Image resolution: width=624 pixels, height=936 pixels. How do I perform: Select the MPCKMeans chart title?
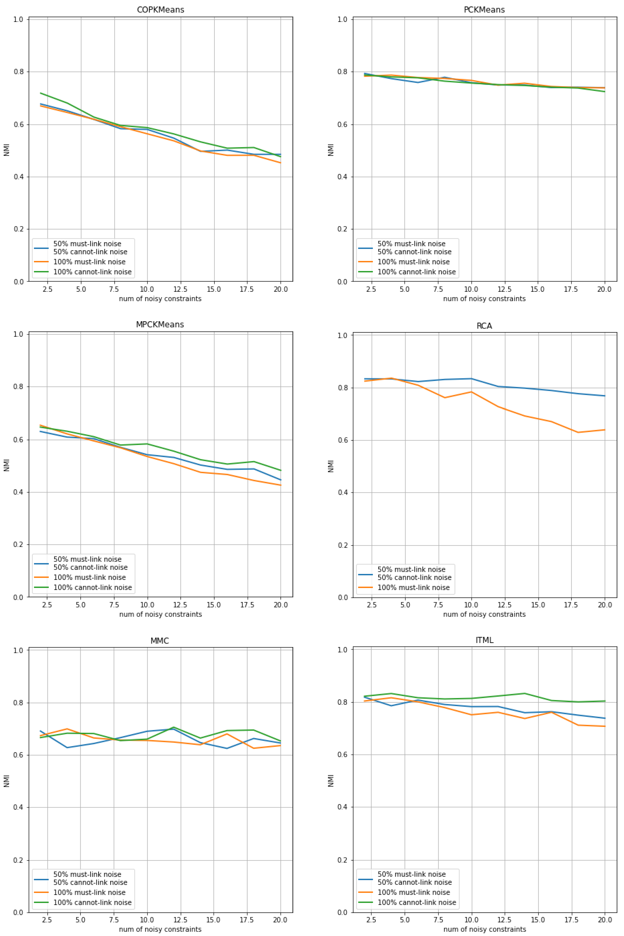tap(160, 325)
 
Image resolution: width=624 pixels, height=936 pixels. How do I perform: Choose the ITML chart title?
tap(484, 640)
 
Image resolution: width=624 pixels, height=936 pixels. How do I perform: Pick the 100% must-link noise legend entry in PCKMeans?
tap(413, 262)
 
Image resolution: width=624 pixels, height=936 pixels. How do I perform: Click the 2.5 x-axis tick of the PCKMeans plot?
tap(371, 289)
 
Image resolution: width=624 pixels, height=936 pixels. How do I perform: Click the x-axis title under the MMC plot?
tap(160, 929)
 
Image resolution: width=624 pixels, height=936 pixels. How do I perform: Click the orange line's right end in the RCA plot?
tap(604, 430)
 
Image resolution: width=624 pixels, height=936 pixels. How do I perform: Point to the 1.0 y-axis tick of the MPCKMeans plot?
tap(19, 334)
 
